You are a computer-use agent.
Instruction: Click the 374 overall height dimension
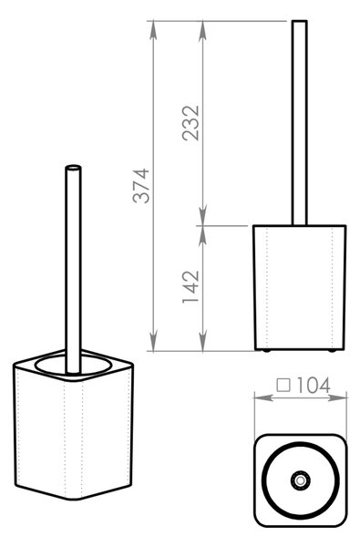[x=141, y=186]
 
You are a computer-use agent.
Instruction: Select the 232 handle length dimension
[x=190, y=123]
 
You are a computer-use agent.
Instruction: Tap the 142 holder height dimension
[x=190, y=287]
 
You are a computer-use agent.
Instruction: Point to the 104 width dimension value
[x=314, y=386]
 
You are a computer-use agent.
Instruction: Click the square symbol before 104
[x=283, y=386]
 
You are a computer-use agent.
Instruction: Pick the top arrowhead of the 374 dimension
[x=153, y=31]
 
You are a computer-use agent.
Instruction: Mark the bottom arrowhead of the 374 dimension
[x=153, y=342]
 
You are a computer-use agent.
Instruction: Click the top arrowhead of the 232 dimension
[x=202, y=31]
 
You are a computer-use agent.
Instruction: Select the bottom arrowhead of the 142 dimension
[x=202, y=342]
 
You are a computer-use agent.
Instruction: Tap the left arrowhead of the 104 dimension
[x=263, y=397]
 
